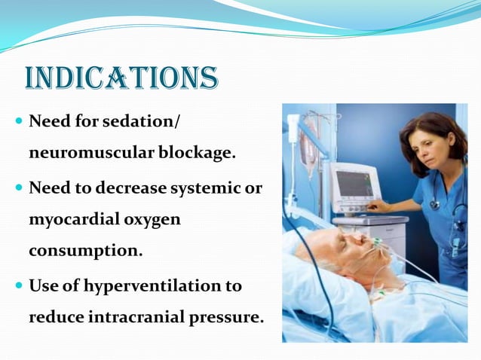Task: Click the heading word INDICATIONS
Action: (x=121, y=78)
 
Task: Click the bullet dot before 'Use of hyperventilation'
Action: (x=19, y=286)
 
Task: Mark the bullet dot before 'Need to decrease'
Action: (x=19, y=188)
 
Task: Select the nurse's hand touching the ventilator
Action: (x=379, y=206)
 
